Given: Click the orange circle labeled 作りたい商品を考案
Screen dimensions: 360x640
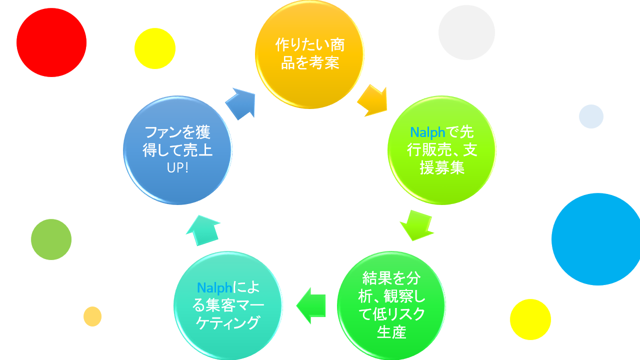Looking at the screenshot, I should coord(309,54).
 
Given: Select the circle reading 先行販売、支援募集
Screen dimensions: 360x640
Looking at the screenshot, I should coord(442,150).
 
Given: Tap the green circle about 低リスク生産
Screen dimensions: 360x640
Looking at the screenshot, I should coord(391,305).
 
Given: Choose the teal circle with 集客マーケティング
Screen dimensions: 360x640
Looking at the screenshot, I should coord(228,305).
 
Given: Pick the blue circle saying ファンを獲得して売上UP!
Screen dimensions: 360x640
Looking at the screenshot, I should coord(177,150).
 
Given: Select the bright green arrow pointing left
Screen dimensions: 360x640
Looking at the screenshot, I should coord(311,305).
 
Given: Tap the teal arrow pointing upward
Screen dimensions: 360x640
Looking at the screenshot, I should coord(202,230).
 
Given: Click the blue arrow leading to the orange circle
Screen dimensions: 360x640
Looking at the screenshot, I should coord(241,103).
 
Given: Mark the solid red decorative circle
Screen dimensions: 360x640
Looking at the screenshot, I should coord(51,42).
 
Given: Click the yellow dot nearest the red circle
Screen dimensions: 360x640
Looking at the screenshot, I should coord(155,48).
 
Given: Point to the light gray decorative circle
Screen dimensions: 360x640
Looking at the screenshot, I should coord(466,32).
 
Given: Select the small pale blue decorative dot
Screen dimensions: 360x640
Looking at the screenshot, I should coord(591,116).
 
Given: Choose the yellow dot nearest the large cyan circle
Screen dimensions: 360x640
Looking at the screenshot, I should coord(530,319).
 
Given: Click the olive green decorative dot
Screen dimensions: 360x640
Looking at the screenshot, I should coord(51,239).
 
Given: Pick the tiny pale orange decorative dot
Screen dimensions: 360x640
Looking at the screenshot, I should coord(92,316).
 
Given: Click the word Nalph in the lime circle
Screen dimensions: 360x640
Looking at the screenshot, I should coord(427,132).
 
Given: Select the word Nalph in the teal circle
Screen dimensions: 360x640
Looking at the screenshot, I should coord(214,288).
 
